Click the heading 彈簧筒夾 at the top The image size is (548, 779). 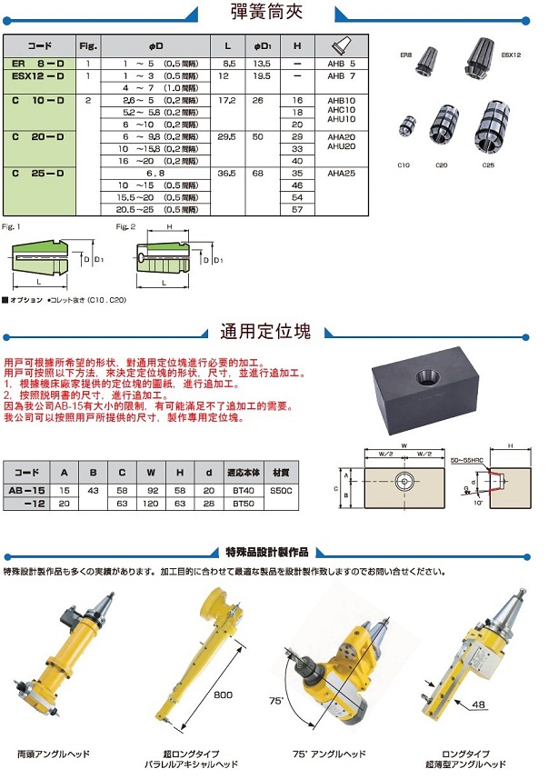pos(271,14)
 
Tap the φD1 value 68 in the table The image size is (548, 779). pos(258,173)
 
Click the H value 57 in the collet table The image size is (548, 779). pos(296,209)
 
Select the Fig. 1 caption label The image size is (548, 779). pos(11,225)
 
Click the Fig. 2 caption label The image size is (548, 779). pos(125,225)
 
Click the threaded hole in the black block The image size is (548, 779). pos(428,377)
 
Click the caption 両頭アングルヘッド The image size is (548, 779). pos(53,754)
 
